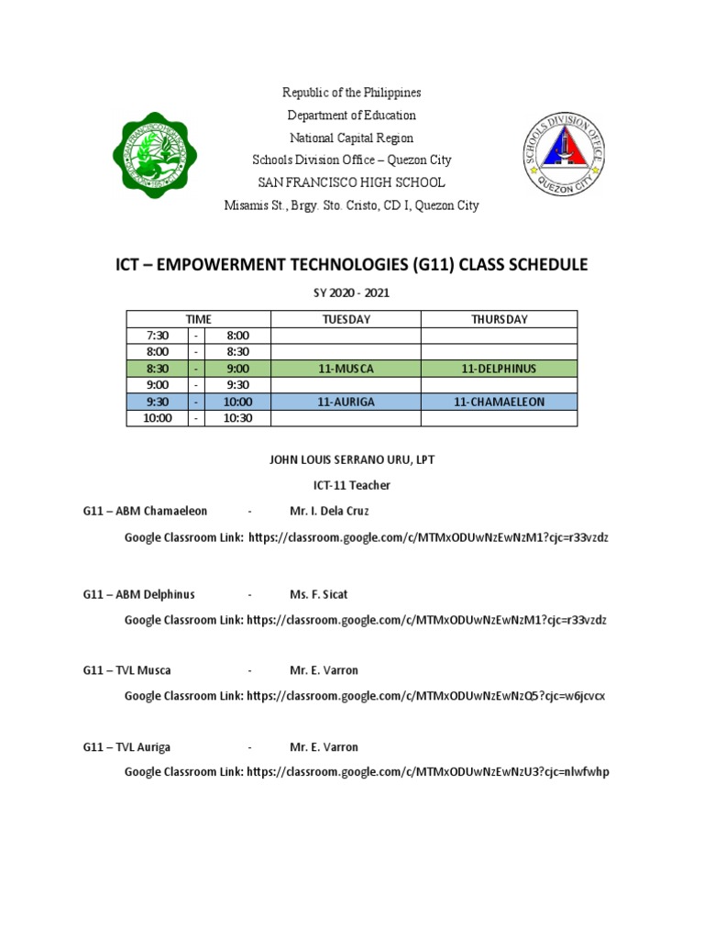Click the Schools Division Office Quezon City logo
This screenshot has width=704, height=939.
coord(559,149)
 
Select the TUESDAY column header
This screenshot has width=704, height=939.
coord(346,319)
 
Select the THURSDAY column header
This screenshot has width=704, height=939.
coord(499,319)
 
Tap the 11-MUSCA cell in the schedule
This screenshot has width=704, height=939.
coord(346,369)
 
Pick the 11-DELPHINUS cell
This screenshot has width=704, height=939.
coord(499,369)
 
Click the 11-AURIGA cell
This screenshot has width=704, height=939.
coord(346,402)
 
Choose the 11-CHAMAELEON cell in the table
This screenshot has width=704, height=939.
coord(499,402)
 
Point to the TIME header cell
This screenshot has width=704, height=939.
coord(199,319)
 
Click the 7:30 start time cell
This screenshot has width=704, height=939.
coord(158,336)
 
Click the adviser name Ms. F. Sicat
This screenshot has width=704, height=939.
coord(319,594)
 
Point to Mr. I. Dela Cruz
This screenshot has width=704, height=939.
coord(329,511)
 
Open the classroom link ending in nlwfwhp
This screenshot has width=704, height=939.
coord(427,772)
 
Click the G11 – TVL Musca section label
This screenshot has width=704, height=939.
coord(126,670)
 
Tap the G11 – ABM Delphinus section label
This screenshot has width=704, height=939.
coord(138,594)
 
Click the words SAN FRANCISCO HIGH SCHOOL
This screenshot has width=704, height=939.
coord(351,182)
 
